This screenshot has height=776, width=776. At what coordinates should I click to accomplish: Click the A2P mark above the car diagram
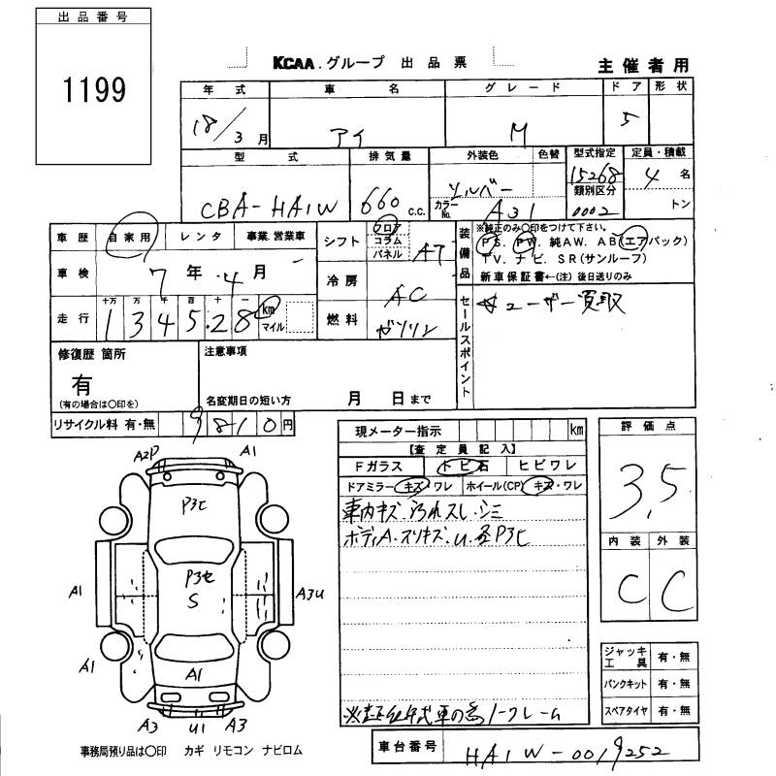pyautogui.click(x=146, y=454)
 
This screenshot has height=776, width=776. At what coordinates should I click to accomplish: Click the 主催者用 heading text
pyautogui.click(x=644, y=66)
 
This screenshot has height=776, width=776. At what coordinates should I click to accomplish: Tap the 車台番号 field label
pyautogui.click(x=405, y=750)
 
